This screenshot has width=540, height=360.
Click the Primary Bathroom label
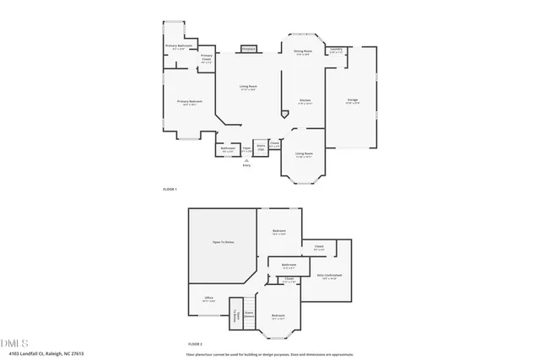(178, 46)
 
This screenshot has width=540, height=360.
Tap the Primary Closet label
(206, 59)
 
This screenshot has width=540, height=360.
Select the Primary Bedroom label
(186, 102)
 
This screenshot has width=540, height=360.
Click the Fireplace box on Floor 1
(248, 50)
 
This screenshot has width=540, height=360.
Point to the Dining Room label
(303, 52)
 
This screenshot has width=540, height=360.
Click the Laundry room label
(336, 51)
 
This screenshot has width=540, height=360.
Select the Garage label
(353, 100)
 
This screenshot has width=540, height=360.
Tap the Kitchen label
(305, 101)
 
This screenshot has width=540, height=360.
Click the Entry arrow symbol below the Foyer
(246, 160)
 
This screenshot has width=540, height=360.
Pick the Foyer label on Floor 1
(246, 149)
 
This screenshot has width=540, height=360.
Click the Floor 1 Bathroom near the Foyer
(228, 149)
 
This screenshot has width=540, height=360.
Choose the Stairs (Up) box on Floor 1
(261, 148)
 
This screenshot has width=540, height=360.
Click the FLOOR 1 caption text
(170, 190)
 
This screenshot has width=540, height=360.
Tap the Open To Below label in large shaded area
(221, 243)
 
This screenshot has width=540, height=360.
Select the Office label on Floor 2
(208, 298)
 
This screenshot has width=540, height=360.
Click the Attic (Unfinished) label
(329, 277)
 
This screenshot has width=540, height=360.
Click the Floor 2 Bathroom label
(289, 266)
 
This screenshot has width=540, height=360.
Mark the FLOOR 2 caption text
(196, 344)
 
